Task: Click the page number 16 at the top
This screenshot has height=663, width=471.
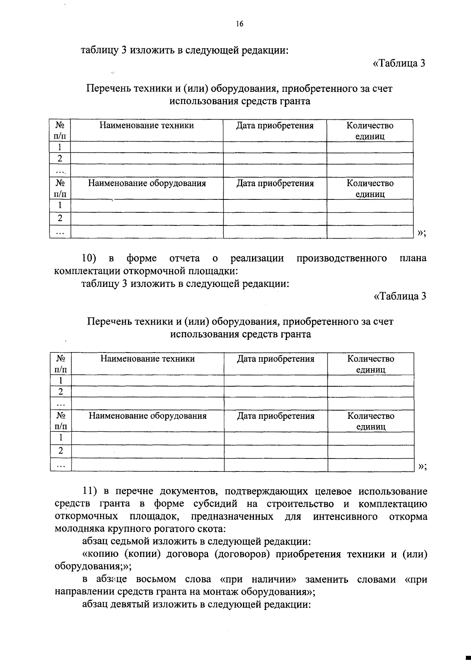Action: (239, 24)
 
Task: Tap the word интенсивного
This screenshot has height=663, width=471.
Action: (345, 517)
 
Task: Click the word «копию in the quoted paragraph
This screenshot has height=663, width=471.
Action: (97, 554)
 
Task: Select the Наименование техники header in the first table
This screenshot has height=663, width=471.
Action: (146, 126)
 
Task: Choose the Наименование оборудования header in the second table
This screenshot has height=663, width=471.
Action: (148, 416)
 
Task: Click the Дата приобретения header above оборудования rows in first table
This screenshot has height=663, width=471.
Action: (275, 183)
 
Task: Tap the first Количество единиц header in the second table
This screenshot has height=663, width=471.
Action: (371, 364)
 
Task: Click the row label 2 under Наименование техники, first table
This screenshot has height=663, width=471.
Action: (60, 159)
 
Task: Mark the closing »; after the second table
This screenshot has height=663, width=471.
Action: (422, 466)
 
